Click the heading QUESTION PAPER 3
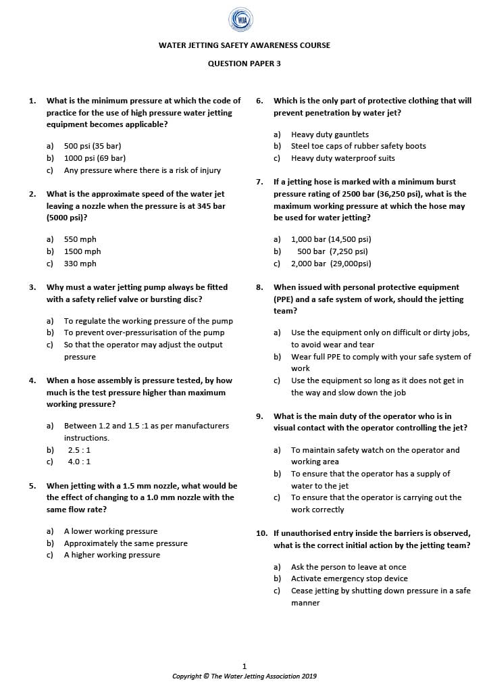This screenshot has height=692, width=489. [244, 64]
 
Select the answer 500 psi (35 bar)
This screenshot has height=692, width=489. [93, 146]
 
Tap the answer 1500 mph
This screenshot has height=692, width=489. [82, 251]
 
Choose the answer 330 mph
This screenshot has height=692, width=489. [80, 264]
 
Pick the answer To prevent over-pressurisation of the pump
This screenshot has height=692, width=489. [144, 332]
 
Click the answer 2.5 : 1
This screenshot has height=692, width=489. [79, 449]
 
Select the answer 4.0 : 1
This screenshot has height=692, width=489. [79, 462]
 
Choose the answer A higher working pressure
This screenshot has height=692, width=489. [112, 555]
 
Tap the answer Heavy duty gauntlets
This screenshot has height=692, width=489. [330, 134]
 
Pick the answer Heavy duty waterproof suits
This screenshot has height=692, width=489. [343, 158]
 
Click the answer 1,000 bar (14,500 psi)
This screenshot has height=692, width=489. [331, 239]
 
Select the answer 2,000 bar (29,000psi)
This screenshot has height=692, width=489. [331, 264]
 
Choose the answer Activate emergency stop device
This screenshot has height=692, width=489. [349, 578]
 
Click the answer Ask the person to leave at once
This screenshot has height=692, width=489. [349, 567]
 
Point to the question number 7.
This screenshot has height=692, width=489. [259, 182]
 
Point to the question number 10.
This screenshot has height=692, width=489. [261, 533]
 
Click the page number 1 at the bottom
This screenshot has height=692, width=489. [244, 666]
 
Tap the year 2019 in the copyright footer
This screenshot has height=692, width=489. [309, 676]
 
